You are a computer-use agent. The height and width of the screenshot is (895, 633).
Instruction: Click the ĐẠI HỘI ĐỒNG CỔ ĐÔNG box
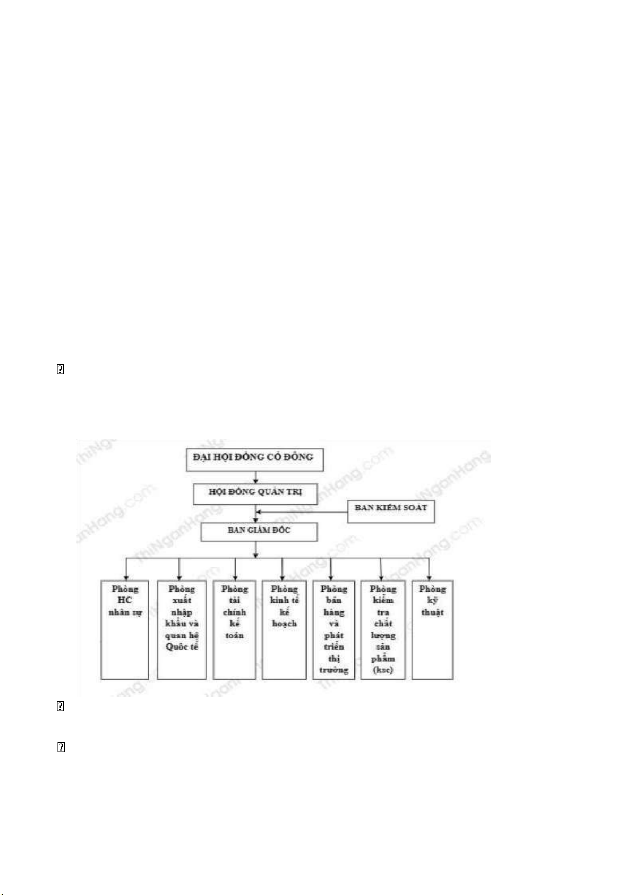[255, 459]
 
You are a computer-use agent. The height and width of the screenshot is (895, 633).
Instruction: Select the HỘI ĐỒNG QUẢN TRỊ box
[255, 493]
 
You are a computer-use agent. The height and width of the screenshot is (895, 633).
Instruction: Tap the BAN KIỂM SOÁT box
[391, 510]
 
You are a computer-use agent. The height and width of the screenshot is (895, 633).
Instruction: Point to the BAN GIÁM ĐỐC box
[259, 531]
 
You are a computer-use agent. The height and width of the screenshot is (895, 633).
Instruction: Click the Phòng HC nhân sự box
[125, 629]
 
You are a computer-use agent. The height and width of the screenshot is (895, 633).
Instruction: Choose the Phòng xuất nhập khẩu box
[182, 629]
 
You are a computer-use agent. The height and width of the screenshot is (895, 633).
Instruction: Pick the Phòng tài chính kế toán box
[234, 629]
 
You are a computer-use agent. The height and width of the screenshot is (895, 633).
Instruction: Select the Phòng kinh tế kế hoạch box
[284, 629]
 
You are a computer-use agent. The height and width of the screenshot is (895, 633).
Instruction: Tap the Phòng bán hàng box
[333, 629]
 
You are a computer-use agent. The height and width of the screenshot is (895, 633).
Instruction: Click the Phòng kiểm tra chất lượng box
[383, 629]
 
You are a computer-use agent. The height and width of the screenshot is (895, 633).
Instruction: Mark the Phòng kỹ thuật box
[432, 629]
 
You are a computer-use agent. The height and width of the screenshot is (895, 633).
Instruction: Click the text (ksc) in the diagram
[383, 670]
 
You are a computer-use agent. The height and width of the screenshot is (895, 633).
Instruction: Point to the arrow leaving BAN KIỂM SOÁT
[303, 513]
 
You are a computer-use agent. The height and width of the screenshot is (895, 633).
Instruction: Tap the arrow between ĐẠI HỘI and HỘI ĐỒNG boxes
[255, 477]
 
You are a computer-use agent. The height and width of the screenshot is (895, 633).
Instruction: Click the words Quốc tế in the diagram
[182, 647]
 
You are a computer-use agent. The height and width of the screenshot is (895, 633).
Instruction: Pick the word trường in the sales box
[333, 670]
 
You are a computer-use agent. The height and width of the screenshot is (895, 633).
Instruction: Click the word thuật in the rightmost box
[432, 612]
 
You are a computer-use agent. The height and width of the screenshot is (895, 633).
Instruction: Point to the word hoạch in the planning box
[284, 624]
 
